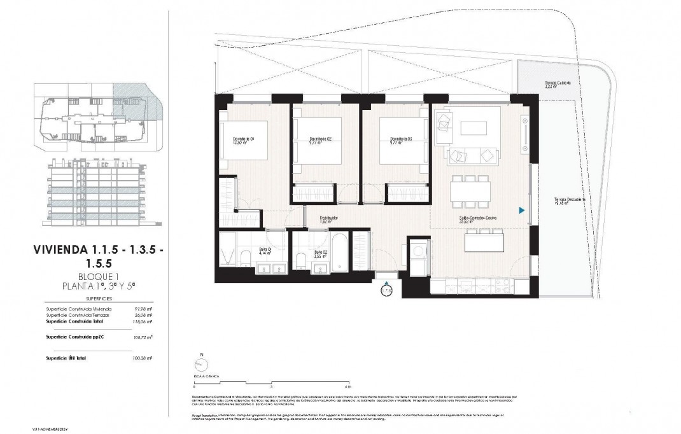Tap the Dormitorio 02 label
[x=321, y=141]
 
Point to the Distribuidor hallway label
[x=328, y=220]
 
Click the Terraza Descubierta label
[x=569, y=201]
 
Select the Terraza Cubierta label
[x=558, y=85]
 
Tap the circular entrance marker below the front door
[x=386, y=291]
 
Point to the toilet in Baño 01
[x=245, y=258]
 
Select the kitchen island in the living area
[x=482, y=242]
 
